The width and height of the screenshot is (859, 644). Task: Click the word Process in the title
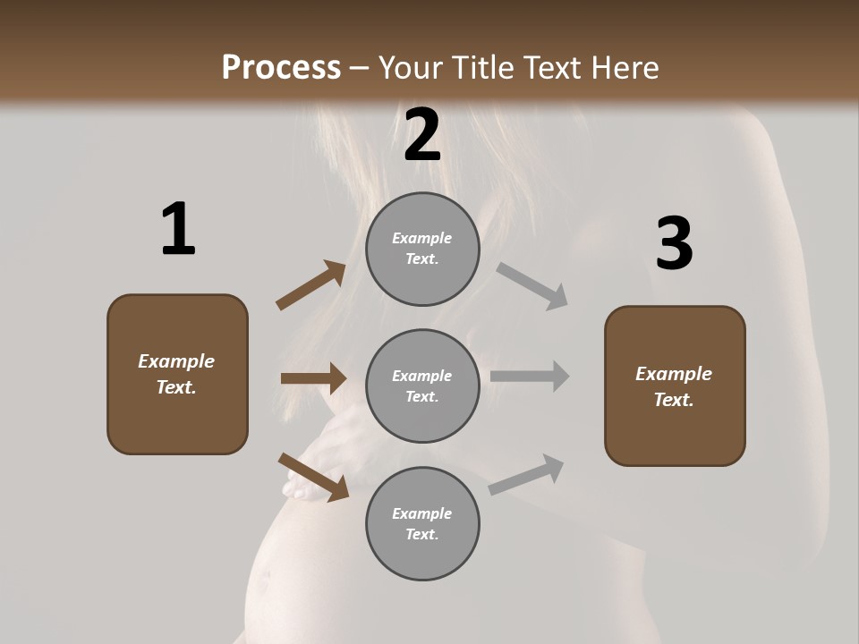pyautogui.click(x=281, y=68)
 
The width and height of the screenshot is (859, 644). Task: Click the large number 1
pyautogui.click(x=178, y=230)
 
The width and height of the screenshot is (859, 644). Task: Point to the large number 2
pyautogui.click(x=422, y=135)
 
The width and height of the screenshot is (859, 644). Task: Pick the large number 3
pyautogui.click(x=674, y=244)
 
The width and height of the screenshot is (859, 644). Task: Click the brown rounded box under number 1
pyautogui.click(x=177, y=374)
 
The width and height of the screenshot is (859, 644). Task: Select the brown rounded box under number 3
pyautogui.click(x=675, y=386)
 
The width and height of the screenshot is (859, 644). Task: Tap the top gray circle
pyautogui.click(x=422, y=249)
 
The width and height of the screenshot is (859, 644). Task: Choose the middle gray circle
pyautogui.click(x=422, y=386)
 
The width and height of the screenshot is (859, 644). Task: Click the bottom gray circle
pyautogui.click(x=422, y=524)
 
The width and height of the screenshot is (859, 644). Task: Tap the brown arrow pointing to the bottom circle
pyautogui.click(x=313, y=477)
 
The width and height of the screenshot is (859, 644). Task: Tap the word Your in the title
pyautogui.click(x=410, y=68)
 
